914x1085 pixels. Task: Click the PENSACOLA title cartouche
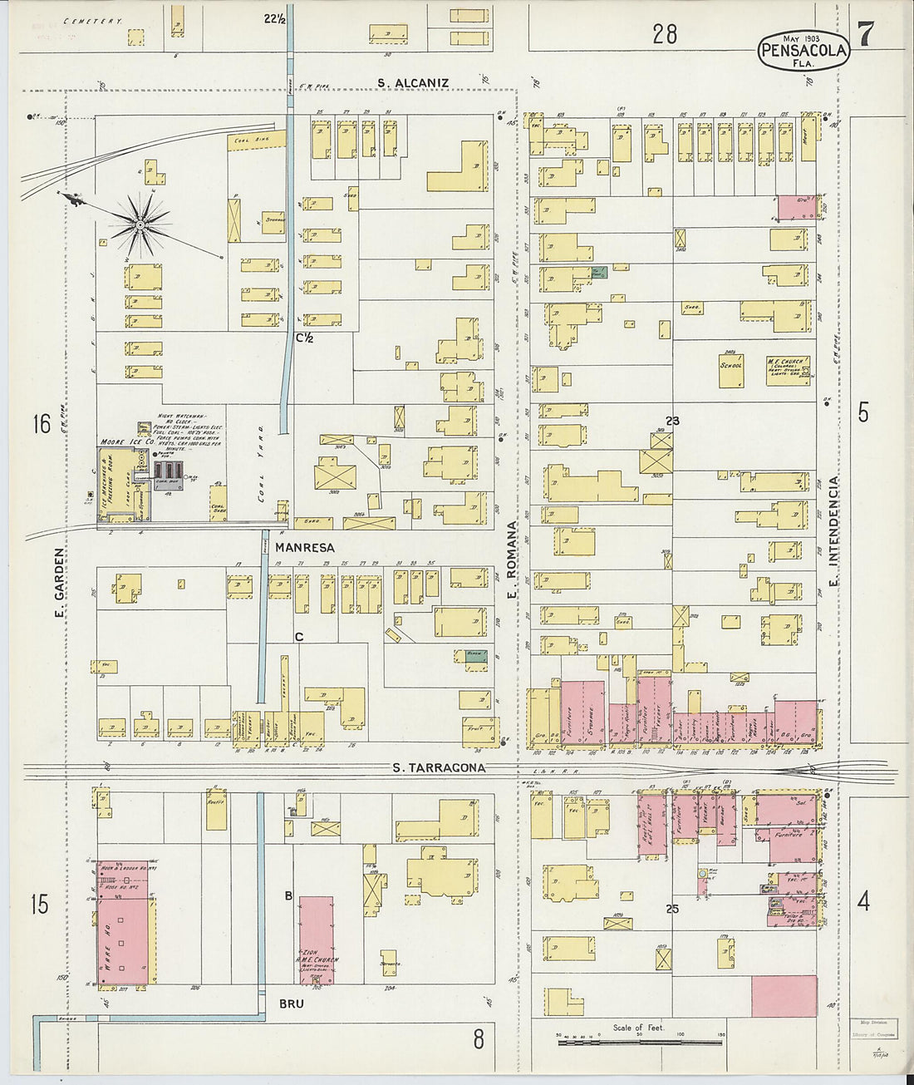tap(803, 52)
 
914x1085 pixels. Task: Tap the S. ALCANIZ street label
tap(413, 83)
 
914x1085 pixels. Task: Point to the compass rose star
tap(141, 224)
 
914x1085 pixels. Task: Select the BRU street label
tap(291, 1004)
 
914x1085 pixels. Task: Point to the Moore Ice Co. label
tap(123, 441)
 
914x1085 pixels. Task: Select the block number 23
tap(671, 422)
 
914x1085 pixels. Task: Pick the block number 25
tap(671, 909)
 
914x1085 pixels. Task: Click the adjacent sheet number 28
tap(665, 34)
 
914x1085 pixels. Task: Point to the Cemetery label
tap(92, 20)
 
